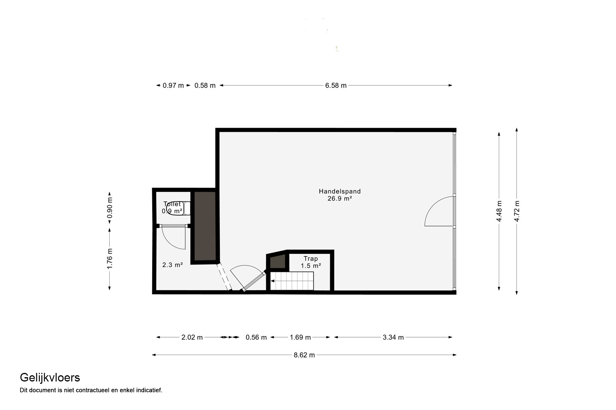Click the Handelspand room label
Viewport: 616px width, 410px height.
[340, 191]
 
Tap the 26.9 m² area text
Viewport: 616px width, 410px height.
[340, 198]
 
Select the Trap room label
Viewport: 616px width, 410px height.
[311, 258]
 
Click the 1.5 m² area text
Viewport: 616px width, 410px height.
[311, 266]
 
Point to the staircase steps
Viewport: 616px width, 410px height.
[292, 281]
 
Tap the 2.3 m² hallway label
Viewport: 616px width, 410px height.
[173, 265]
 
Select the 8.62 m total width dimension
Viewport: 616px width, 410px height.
[304, 355]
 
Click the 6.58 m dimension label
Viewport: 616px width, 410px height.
[336, 86]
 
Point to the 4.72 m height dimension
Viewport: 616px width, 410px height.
[517, 211]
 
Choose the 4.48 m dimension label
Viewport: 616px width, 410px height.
[499, 211]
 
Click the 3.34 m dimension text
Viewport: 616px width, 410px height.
[393, 337]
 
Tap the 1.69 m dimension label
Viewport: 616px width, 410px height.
[300, 337]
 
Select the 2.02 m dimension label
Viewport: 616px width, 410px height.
[192, 337]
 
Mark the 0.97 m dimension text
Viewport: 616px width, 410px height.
[173, 86]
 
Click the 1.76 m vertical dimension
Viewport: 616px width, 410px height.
[110, 258]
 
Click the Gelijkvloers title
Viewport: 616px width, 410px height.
[50, 378]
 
